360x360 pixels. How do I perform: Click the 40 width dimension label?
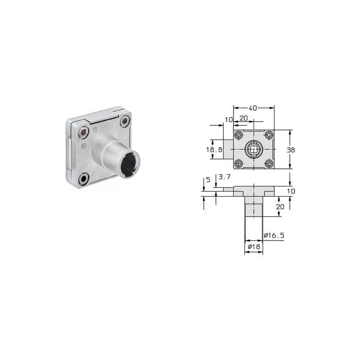pos(253,108)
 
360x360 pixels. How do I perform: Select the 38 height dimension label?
pos(291,150)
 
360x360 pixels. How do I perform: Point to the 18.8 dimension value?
pos(214,150)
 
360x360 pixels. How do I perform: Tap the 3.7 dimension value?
pos(224,177)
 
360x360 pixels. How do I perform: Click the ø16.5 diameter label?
pos(274,235)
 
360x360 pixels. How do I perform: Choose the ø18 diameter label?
pos(254,247)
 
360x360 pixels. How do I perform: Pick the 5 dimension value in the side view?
pos(208,180)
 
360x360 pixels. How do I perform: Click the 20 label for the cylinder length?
pos(280,207)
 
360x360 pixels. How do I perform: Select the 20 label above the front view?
pos(244,118)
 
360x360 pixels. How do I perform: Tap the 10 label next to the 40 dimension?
pos(229,120)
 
